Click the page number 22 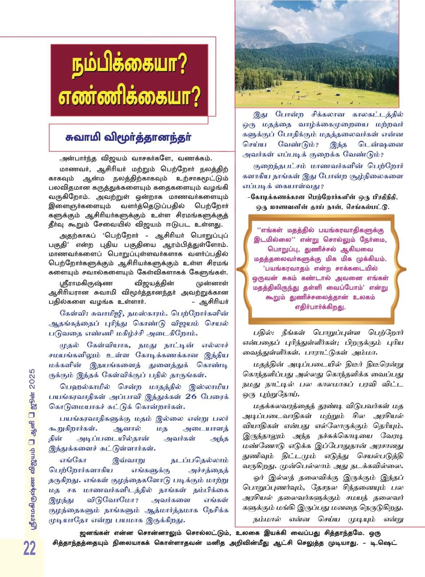tap(30, 549)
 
